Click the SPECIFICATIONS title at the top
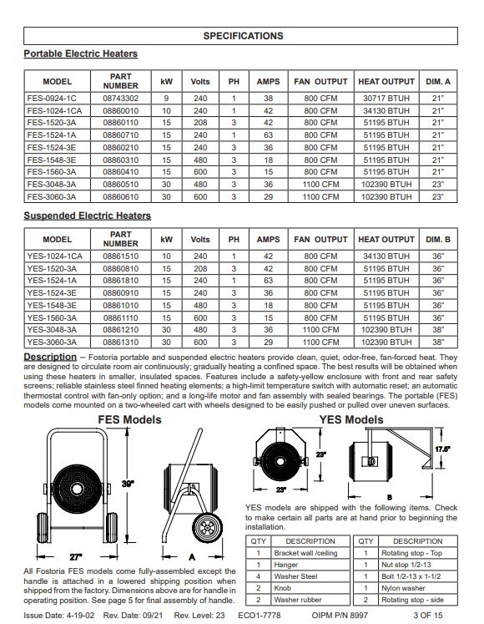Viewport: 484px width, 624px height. coord(243,36)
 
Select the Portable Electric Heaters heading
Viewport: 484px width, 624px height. coord(81,54)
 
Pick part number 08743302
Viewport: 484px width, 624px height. coord(120,99)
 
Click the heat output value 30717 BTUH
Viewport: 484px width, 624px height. coord(386,99)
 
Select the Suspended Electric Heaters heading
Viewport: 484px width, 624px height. coord(88,216)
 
